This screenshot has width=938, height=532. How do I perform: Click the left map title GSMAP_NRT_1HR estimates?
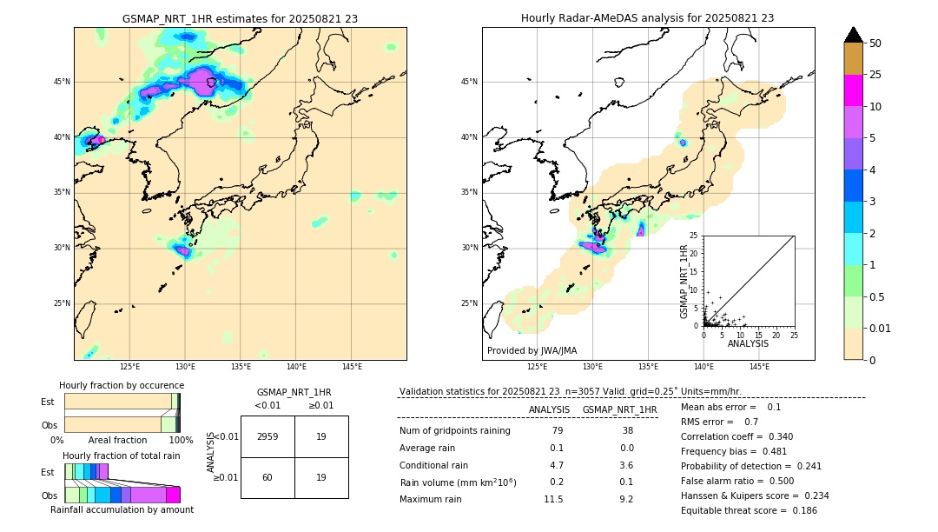(x=240, y=18)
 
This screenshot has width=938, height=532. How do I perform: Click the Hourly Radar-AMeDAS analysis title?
(x=647, y=18)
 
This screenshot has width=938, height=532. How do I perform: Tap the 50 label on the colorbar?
(x=875, y=43)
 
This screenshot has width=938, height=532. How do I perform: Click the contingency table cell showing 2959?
(x=268, y=436)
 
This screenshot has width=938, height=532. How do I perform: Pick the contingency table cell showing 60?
(x=268, y=477)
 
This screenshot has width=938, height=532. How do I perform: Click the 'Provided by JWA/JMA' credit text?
(x=532, y=351)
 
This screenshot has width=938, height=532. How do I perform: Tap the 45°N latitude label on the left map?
(x=62, y=82)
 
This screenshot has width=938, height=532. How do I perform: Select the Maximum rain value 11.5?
(x=553, y=499)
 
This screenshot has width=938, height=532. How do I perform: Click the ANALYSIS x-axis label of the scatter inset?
(x=748, y=344)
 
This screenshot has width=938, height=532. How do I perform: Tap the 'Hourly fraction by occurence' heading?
(x=122, y=385)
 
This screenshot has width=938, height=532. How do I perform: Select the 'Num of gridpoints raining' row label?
(x=455, y=430)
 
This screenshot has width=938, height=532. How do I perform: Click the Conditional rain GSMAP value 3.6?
(x=626, y=465)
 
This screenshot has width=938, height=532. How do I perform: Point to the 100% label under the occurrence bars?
(x=181, y=440)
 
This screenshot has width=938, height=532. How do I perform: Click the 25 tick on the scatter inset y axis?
(x=693, y=236)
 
